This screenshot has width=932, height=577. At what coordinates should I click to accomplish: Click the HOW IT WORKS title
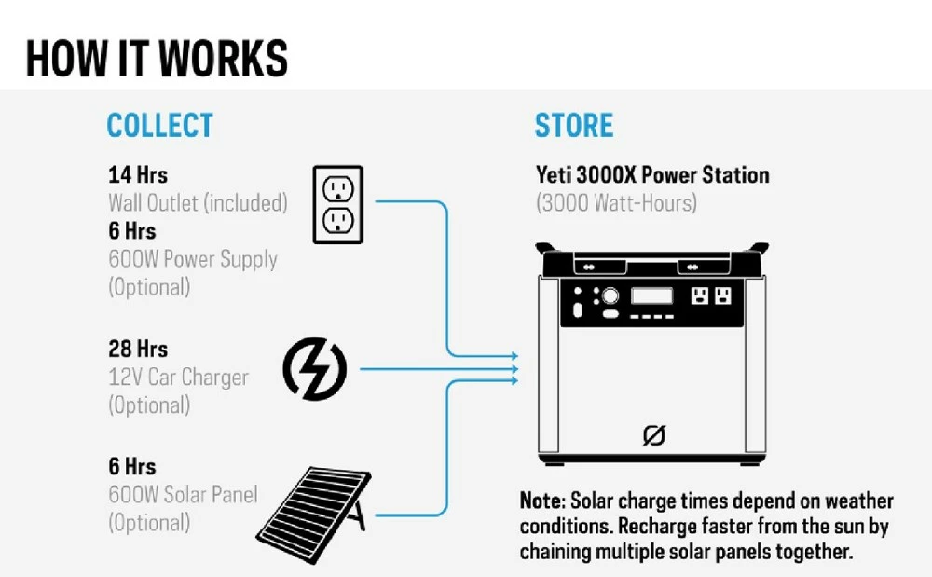[x=157, y=58]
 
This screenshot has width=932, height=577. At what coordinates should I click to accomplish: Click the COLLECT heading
[x=159, y=125]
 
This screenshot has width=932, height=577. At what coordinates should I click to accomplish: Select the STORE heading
[x=574, y=125]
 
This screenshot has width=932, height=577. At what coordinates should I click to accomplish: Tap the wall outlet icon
[x=336, y=205]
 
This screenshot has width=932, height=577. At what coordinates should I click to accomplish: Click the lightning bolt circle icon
[x=314, y=368]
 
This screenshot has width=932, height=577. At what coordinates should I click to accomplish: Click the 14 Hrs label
[x=138, y=174]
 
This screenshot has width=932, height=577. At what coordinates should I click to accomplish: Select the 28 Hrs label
[x=138, y=349]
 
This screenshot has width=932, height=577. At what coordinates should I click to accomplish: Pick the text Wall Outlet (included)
[x=198, y=201]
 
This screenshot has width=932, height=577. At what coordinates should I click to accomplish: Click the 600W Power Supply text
[x=193, y=258]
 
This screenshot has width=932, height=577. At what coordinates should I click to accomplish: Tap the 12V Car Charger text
[x=178, y=377]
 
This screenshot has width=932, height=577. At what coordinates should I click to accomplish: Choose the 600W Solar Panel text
[x=183, y=494]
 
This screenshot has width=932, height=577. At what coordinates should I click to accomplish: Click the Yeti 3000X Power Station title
[x=652, y=174]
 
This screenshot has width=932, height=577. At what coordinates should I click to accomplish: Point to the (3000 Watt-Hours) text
[x=616, y=201]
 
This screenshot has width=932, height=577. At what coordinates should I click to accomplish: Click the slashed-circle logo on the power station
[x=654, y=435]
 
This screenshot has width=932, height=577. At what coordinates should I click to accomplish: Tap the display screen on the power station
[x=652, y=296]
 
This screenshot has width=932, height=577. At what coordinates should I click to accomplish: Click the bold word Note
[x=541, y=501]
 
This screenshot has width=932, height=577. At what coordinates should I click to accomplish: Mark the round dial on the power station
[x=610, y=296]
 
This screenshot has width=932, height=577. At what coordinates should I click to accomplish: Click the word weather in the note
[x=858, y=501]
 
